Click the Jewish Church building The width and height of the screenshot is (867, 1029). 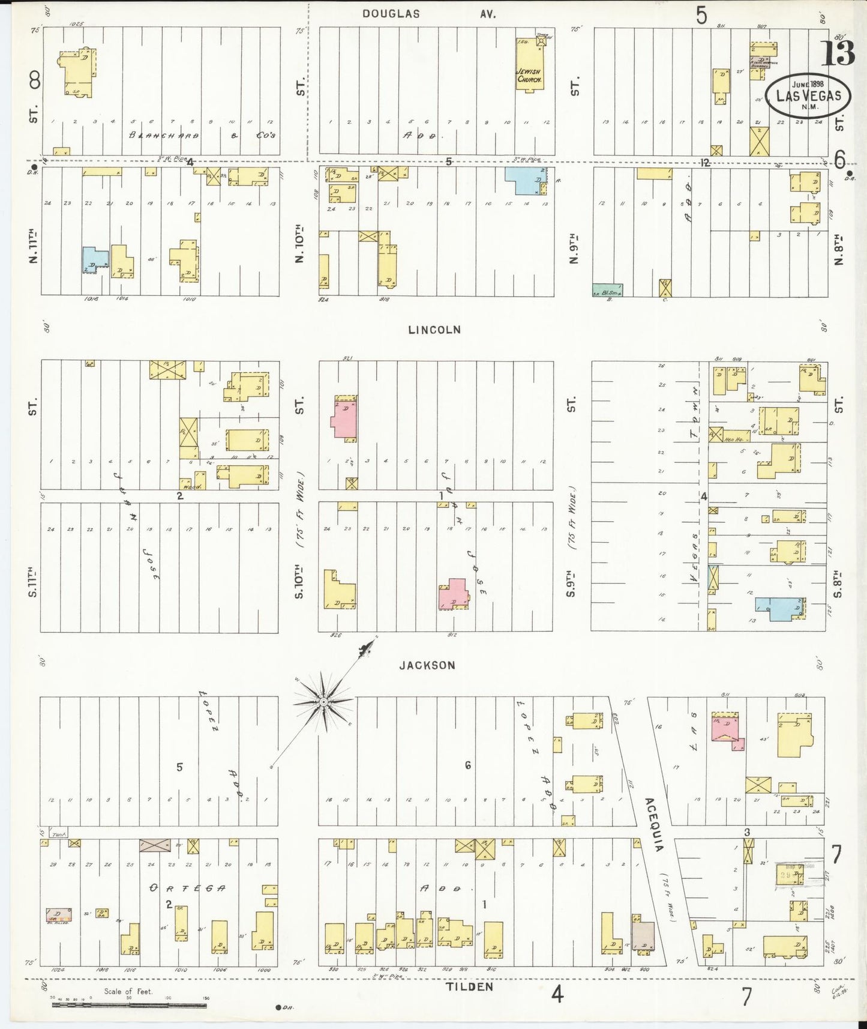click(530, 66)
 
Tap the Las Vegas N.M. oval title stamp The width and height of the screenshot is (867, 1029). click(808, 95)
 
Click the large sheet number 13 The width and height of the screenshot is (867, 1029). click(837, 54)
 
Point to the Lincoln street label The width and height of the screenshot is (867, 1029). click(434, 330)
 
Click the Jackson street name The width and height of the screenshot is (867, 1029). click(427, 665)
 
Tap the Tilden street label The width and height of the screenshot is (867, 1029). click(469, 987)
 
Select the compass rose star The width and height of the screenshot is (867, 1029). click(324, 701)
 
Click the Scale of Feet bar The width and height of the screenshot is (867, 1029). click(129, 1004)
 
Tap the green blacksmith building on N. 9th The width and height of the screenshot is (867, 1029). click(607, 290)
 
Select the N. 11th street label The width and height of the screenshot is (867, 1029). click(32, 246)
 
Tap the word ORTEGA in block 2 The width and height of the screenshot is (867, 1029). click(187, 888)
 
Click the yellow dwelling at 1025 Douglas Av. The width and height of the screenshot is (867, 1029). click(79, 72)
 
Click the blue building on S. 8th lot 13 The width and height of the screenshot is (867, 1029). click(778, 608)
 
